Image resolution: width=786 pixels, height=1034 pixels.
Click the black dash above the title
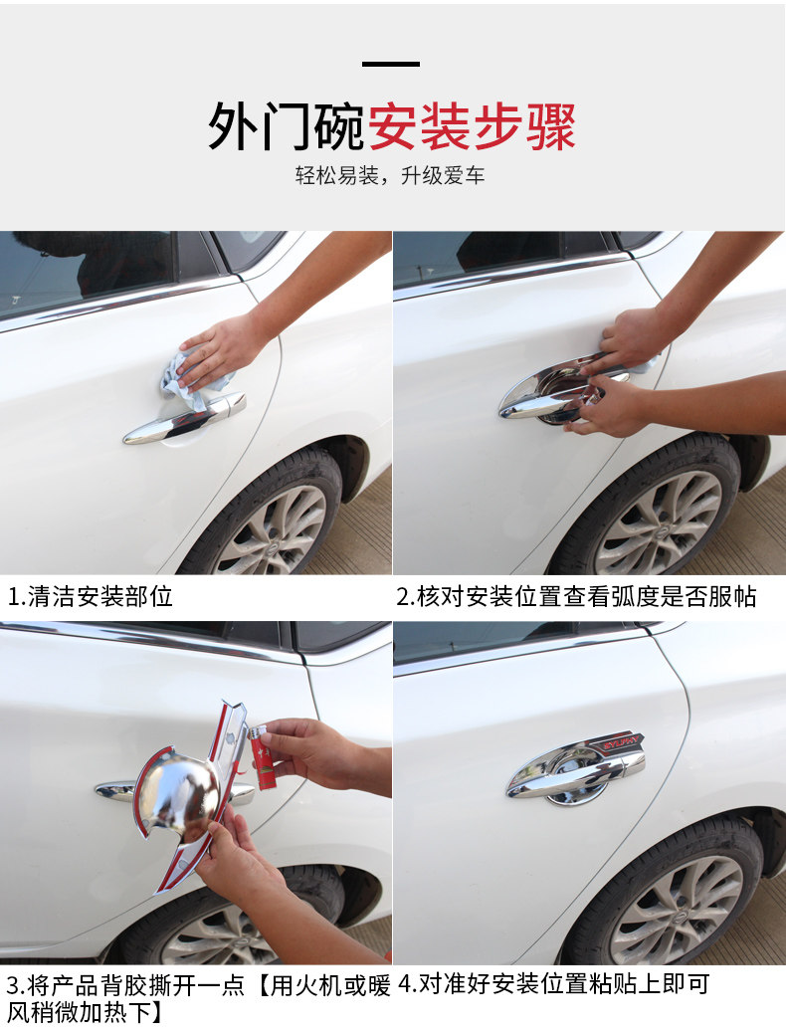click(391, 64)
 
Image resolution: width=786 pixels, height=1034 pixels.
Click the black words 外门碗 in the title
click(287, 126)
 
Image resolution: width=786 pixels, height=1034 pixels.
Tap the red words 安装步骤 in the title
click(472, 126)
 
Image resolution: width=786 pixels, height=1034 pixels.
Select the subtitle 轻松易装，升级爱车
click(390, 175)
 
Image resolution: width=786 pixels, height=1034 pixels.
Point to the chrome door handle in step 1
click(185, 419)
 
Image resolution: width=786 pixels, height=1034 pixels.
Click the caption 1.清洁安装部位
click(91, 597)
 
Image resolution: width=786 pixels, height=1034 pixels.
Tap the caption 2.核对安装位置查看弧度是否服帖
click(576, 597)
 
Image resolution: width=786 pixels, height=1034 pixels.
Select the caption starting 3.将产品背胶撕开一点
click(198, 998)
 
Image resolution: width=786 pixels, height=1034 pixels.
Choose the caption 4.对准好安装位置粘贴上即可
click(554, 984)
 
